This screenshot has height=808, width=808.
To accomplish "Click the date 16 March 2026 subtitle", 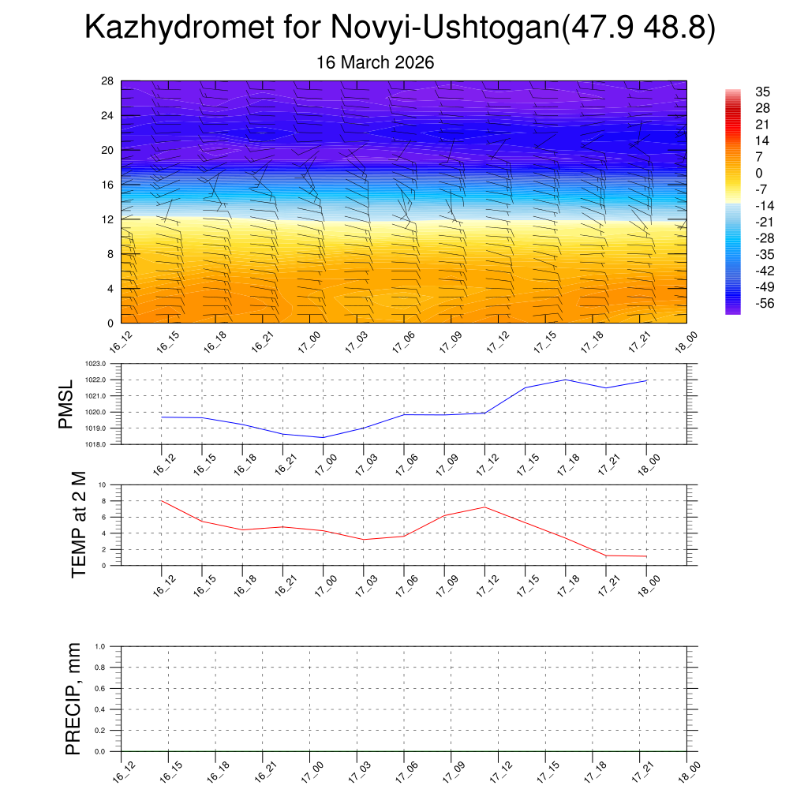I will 375,62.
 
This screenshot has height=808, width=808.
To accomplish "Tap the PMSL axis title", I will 65,405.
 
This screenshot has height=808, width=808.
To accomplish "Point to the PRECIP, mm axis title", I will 73,699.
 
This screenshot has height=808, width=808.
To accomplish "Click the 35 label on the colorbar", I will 763,92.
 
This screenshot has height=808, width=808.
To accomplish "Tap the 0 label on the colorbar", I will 759,174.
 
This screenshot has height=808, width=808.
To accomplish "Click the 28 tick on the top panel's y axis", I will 108,81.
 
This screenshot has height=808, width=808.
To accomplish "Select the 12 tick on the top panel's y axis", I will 108,219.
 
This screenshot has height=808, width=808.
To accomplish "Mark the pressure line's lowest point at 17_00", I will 323,437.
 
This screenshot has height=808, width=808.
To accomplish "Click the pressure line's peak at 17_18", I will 566,380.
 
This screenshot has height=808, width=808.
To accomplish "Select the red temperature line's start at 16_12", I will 162,501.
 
